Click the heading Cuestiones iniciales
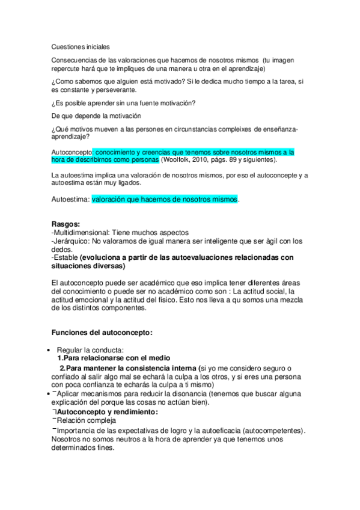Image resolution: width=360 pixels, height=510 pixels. tap(81, 46)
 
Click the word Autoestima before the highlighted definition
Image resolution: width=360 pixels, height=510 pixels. tap(70, 198)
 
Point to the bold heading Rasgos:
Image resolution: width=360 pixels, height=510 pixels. tap(66, 224)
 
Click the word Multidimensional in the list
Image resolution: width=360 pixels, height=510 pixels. tap(82, 232)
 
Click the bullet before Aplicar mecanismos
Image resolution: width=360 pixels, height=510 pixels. tap(47, 393)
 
